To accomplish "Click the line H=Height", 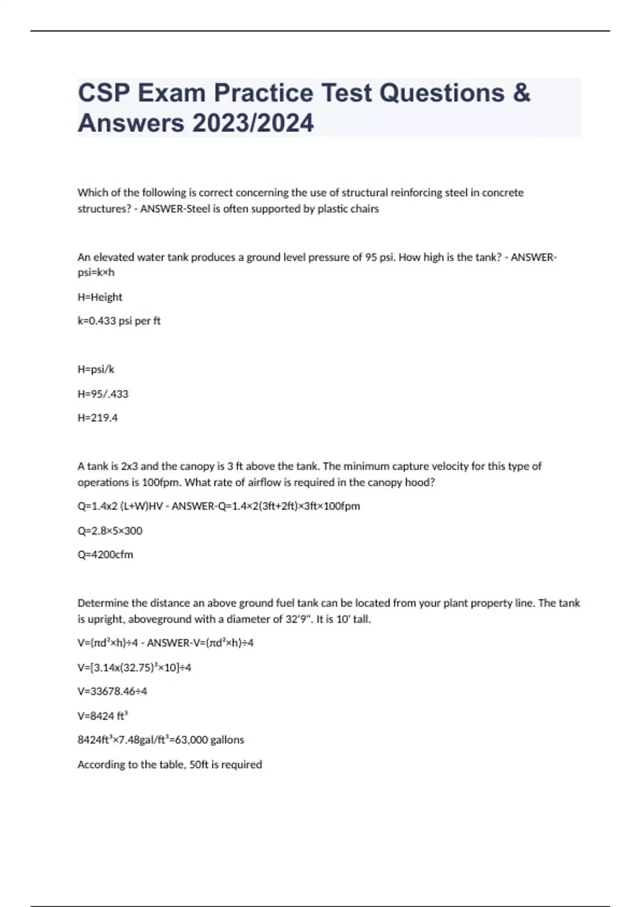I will pos(100,297).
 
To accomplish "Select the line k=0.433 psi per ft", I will pos(119,321).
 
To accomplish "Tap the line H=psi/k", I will pos(96,369).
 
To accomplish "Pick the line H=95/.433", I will pos(103,394).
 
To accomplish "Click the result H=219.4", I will pos(98,418).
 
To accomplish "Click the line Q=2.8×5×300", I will pos(110,531).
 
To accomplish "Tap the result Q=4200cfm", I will pos(106,555).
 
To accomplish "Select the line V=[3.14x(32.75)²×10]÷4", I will pos(135,667).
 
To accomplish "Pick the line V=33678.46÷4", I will pos(112,691).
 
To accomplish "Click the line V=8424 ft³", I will pos(103,716).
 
